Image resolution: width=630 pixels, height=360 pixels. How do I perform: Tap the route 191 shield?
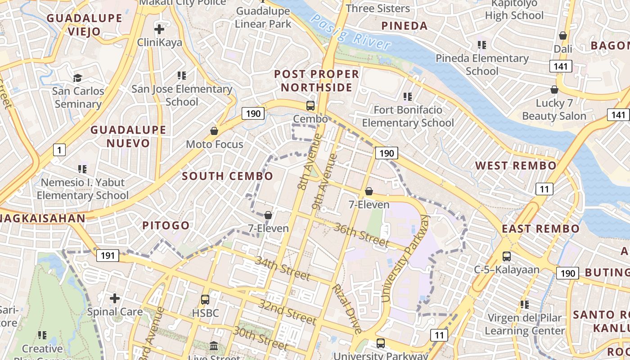pyautogui.click(x=108, y=256)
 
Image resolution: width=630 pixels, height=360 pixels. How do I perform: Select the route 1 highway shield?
pyautogui.click(x=59, y=149)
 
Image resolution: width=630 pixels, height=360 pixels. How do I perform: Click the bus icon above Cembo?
pyautogui.click(x=310, y=106)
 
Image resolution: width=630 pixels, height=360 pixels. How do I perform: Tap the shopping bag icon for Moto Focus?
pyautogui.click(x=215, y=131)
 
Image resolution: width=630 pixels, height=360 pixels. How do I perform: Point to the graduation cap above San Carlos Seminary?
pyautogui.click(x=78, y=78)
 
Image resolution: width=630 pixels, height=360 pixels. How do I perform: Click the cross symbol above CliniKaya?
pyautogui.click(x=159, y=30)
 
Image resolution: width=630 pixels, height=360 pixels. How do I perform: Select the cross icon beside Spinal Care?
pyautogui.click(x=115, y=298)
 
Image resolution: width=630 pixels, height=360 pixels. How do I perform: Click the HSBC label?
pyautogui.click(x=205, y=313)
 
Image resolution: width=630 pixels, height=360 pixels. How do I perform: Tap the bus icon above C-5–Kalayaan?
pyautogui.click(x=507, y=256)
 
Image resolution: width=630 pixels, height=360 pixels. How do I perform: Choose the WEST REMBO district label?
pyautogui.click(x=516, y=166)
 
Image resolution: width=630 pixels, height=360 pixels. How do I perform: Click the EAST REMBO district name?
pyautogui.click(x=540, y=229)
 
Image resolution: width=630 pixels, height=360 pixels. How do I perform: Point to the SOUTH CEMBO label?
pyautogui.click(x=227, y=176)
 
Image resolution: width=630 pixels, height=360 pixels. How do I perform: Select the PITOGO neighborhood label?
pyautogui.click(x=166, y=225)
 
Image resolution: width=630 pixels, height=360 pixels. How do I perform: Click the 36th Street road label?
pyautogui.click(x=361, y=234)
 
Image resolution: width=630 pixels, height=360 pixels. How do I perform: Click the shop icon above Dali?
pyautogui.click(x=562, y=36)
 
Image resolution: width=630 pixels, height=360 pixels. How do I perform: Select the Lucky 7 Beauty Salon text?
pyautogui.click(x=554, y=110)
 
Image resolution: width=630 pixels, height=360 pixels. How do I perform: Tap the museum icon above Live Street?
pyautogui.click(x=214, y=346)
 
